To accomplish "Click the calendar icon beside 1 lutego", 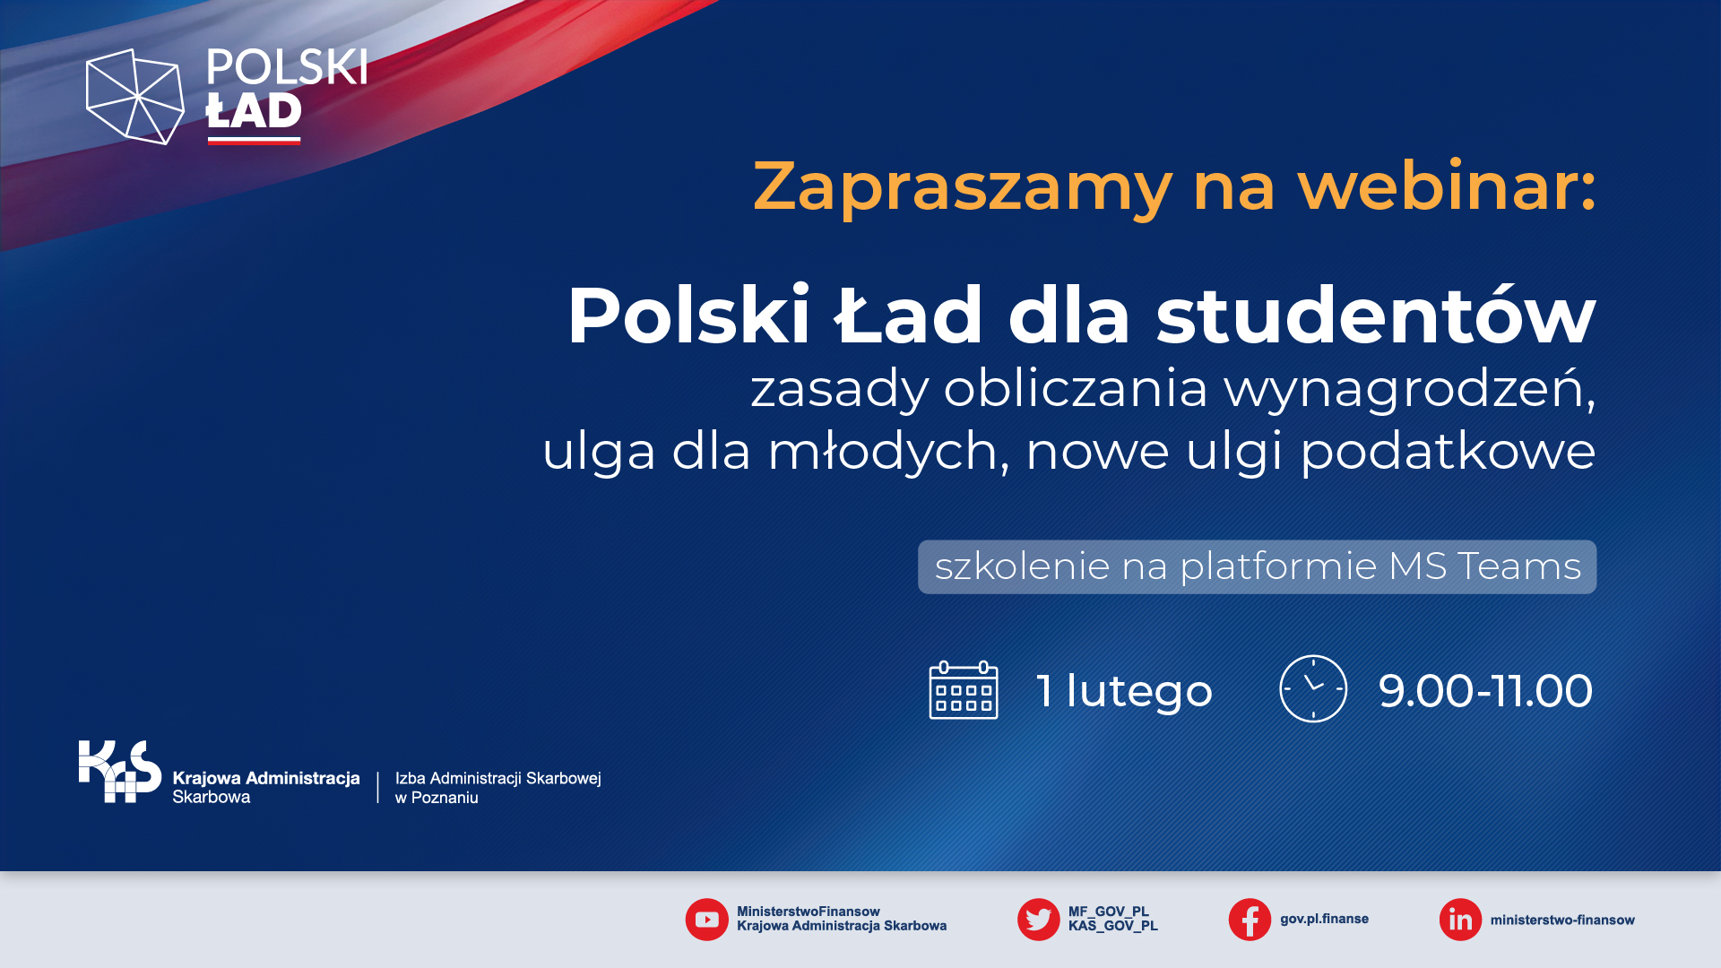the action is tap(964, 690).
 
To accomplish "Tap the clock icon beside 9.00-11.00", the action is tap(1313, 688).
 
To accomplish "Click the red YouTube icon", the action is tap(707, 920).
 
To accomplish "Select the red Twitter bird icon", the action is tap(1039, 920).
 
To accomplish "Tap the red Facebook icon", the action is tap(1250, 920).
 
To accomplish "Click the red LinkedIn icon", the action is tap(1460, 920).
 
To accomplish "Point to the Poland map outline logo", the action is tap(134, 97).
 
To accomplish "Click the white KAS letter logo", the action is tap(120, 771).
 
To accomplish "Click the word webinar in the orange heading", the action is tap(1447, 186).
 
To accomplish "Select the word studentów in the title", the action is tap(1376, 315).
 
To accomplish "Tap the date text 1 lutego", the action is tap(1124, 691).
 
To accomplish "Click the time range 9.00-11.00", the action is tap(1485, 691).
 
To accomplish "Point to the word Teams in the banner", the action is tap(1519, 566).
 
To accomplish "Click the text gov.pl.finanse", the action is tap(1324, 919).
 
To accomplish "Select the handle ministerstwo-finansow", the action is tap(1562, 920).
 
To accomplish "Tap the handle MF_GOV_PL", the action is tap(1108, 912).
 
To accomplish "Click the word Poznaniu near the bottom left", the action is tap(445, 798).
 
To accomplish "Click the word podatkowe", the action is tap(1448, 452).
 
